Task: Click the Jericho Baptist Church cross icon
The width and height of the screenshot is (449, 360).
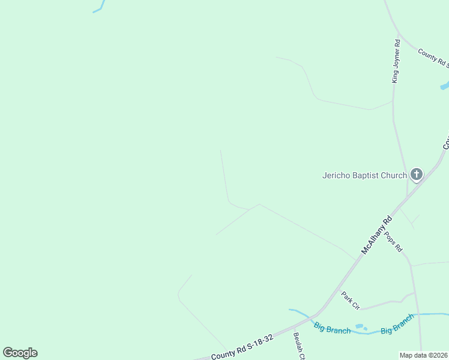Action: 416,175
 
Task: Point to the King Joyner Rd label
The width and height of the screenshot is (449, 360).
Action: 395,61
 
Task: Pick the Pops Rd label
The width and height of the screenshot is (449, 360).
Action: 393,241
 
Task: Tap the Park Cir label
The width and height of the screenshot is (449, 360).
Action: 350,301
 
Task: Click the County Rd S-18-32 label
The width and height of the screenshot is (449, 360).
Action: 243,347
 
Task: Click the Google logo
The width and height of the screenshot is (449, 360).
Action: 20,353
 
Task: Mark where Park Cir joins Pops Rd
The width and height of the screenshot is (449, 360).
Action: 414,293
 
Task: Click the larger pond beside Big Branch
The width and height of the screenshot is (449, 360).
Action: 360,327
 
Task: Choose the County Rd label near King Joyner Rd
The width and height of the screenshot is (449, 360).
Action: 433,58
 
